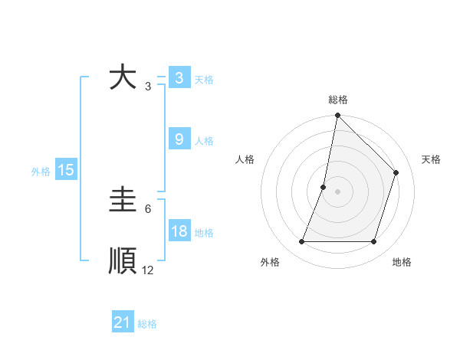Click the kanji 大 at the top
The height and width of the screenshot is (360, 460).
123,78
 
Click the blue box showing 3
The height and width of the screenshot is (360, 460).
179,78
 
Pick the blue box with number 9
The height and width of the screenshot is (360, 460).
179,139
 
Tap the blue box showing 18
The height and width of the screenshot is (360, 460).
179,231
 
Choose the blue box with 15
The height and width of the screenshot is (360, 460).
66,170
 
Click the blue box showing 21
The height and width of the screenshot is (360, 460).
123,322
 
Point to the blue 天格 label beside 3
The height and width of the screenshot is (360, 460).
204,80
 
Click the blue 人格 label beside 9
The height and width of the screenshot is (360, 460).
204,141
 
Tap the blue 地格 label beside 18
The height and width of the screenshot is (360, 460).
204,233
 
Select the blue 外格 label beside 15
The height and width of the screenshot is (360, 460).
41,172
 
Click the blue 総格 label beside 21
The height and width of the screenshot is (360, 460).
147,324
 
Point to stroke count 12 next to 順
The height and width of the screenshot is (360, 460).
148,270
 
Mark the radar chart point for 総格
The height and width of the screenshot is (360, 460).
337,116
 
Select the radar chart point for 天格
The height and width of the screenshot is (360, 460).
396,172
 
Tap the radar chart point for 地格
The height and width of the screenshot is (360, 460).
373,242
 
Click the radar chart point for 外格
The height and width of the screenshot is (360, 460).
301,242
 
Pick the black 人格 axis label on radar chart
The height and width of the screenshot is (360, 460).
245,159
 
